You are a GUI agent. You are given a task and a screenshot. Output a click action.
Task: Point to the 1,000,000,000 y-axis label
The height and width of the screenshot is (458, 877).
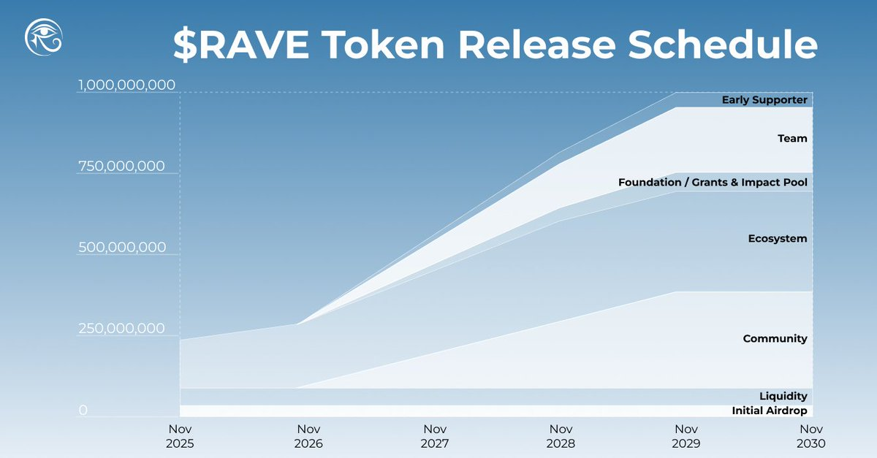click(x=126, y=85)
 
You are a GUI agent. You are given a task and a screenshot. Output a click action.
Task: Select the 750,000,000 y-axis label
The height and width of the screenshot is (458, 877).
click(x=121, y=167)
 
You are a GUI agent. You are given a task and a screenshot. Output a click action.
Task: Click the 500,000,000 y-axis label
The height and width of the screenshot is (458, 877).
click(x=122, y=248)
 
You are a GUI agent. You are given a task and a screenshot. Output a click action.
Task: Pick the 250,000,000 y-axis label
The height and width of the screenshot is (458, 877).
click(x=121, y=329)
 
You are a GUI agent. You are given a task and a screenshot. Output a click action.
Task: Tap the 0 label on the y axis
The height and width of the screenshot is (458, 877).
click(x=83, y=411)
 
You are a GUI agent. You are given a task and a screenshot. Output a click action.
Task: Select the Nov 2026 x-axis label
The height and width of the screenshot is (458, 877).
click(x=308, y=436)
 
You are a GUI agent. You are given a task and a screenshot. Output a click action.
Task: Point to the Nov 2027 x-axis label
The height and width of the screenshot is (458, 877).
click(x=435, y=436)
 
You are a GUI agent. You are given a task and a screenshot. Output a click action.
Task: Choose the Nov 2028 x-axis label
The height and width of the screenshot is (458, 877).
click(x=561, y=436)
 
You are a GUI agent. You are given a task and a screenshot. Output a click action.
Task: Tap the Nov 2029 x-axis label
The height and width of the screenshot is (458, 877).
click(x=686, y=436)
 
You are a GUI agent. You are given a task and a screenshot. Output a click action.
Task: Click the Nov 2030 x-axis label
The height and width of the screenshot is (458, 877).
click(x=812, y=436)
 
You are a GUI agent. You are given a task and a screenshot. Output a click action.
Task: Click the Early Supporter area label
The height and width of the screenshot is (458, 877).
click(x=764, y=100)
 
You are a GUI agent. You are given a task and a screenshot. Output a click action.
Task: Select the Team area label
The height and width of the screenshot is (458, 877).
click(x=792, y=138)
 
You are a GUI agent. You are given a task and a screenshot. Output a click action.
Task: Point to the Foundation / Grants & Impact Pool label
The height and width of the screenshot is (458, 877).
click(x=713, y=182)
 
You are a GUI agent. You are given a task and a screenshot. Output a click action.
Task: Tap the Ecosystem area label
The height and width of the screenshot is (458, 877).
click(x=778, y=239)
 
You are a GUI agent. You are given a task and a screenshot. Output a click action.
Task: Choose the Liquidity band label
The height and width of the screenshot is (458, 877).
click(x=783, y=397)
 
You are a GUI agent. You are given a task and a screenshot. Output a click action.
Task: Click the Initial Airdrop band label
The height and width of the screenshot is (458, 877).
click(x=770, y=411)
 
